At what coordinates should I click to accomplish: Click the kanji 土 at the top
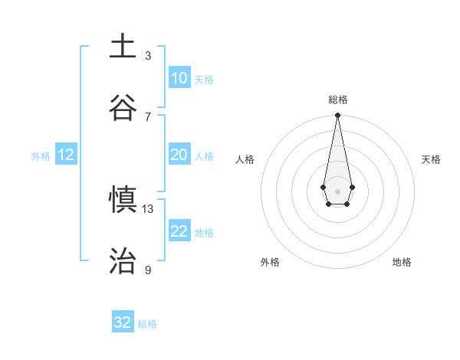click(x=123, y=47)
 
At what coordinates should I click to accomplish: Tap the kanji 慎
click(x=123, y=201)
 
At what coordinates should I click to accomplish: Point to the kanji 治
click(x=123, y=261)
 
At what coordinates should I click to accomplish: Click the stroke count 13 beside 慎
click(x=148, y=208)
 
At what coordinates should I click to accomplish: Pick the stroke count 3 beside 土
click(x=148, y=55)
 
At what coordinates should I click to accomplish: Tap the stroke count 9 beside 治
click(x=148, y=270)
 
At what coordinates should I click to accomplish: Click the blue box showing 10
click(x=179, y=78)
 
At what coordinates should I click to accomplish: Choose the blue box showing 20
click(x=179, y=155)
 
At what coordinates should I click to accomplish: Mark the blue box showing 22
click(x=179, y=231)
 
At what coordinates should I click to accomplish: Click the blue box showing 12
click(x=65, y=155)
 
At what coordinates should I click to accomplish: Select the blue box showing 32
click(x=123, y=322)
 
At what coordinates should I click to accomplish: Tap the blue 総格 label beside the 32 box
click(x=147, y=324)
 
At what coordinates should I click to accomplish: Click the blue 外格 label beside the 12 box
click(x=41, y=156)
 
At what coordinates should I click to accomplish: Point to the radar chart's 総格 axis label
click(x=337, y=100)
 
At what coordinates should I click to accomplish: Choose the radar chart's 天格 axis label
click(x=431, y=159)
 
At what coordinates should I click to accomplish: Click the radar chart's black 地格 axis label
click(x=402, y=262)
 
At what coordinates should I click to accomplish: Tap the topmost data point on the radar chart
click(x=337, y=116)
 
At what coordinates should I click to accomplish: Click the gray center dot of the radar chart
click(x=337, y=190)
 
